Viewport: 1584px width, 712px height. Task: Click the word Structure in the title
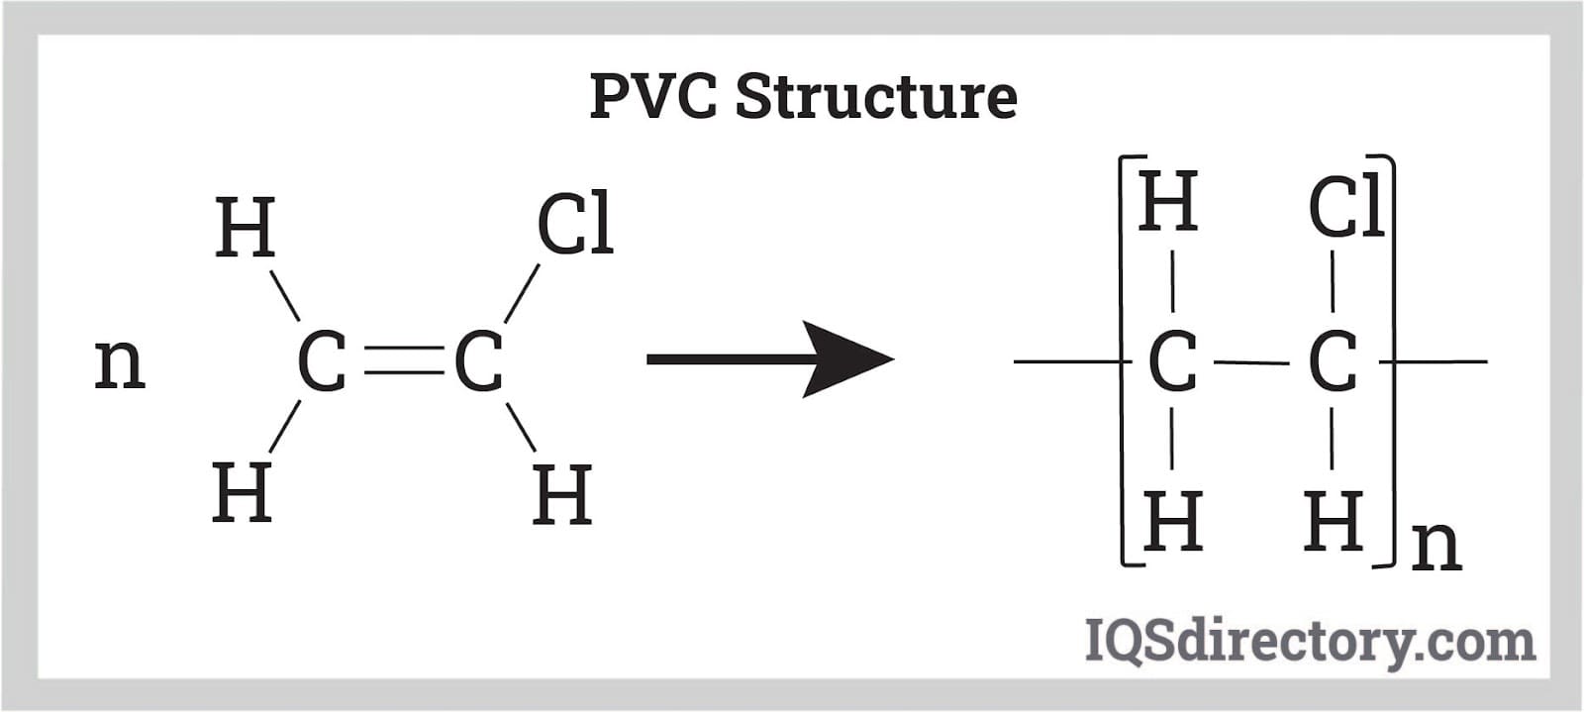point(876,97)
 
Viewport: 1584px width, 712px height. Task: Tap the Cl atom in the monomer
point(574,226)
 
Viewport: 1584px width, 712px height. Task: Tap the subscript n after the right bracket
point(1436,544)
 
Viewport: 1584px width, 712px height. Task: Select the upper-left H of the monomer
point(245,228)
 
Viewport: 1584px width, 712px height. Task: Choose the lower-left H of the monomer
point(242,492)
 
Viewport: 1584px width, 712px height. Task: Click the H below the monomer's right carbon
point(562,494)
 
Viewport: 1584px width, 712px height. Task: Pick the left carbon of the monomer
point(322,361)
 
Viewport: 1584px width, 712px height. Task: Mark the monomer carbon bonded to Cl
point(478,361)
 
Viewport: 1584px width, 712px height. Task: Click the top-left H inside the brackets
point(1168,202)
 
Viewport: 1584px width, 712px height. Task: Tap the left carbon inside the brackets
point(1172,362)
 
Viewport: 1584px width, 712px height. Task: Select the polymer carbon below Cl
point(1333,362)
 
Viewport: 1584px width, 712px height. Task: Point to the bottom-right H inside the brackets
point(1334,521)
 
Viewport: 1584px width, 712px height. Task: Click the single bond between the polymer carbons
point(1252,362)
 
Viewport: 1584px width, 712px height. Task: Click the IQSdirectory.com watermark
point(1309,641)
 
